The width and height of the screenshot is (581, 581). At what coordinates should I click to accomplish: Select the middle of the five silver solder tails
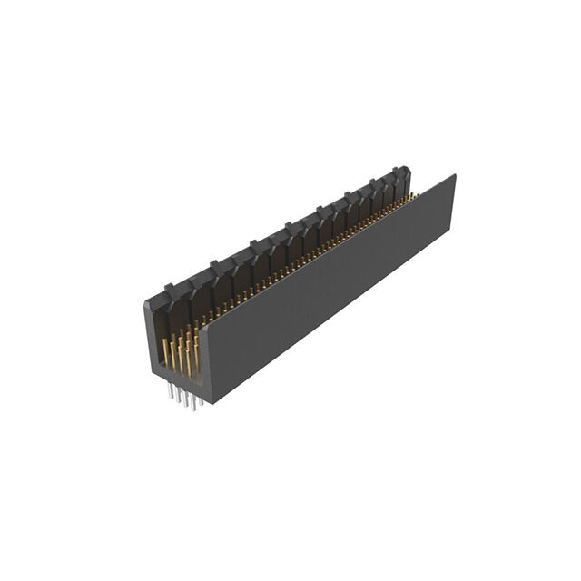pyautogui.click(x=182, y=398)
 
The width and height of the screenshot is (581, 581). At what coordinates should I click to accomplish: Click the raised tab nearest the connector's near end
pyautogui.click(x=170, y=289)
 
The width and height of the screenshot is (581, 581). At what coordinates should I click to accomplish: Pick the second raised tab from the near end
pyautogui.click(x=217, y=264)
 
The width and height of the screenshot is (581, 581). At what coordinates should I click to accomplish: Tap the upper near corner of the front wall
pyautogui.click(x=202, y=324)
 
